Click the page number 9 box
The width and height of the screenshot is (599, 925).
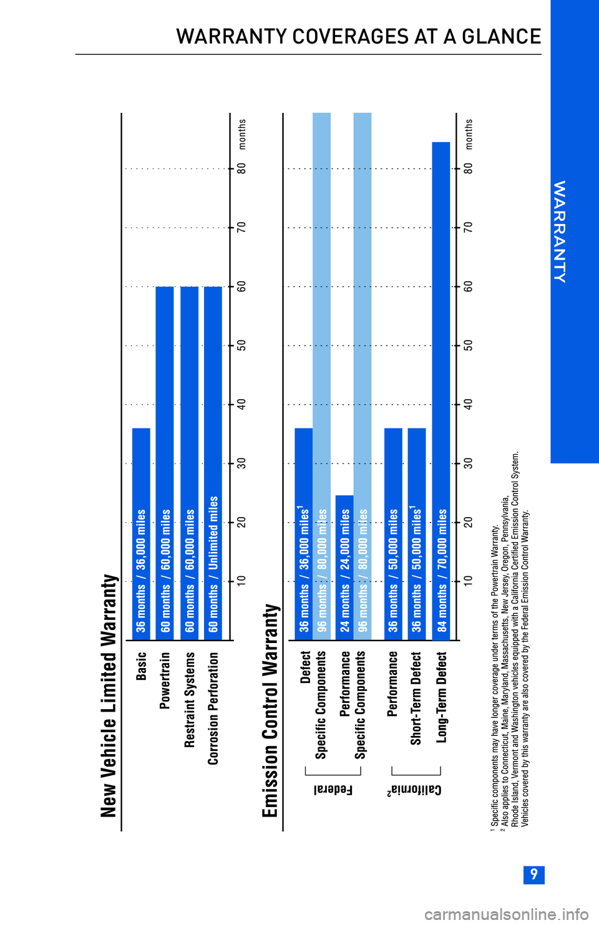(x=533, y=874)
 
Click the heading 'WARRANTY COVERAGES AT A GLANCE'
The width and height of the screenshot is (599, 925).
(x=358, y=37)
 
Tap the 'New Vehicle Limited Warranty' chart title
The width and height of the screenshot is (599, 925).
(x=109, y=695)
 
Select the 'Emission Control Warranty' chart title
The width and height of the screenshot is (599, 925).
(x=270, y=710)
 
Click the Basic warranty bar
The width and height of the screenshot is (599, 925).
(x=141, y=533)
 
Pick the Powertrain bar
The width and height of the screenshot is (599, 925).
(x=165, y=463)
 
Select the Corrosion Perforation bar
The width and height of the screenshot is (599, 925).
(x=213, y=463)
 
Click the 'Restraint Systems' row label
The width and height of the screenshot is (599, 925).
(x=190, y=699)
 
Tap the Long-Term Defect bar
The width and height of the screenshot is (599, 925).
(x=441, y=390)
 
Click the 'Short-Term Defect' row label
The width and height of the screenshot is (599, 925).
(x=416, y=698)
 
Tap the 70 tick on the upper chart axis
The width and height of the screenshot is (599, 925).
(x=241, y=227)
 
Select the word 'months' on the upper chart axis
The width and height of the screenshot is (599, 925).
(x=242, y=134)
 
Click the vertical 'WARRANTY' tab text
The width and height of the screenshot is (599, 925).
(x=560, y=231)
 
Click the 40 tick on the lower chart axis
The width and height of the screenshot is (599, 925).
(x=468, y=404)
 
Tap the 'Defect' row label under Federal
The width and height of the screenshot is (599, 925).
(x=306, y=667)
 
